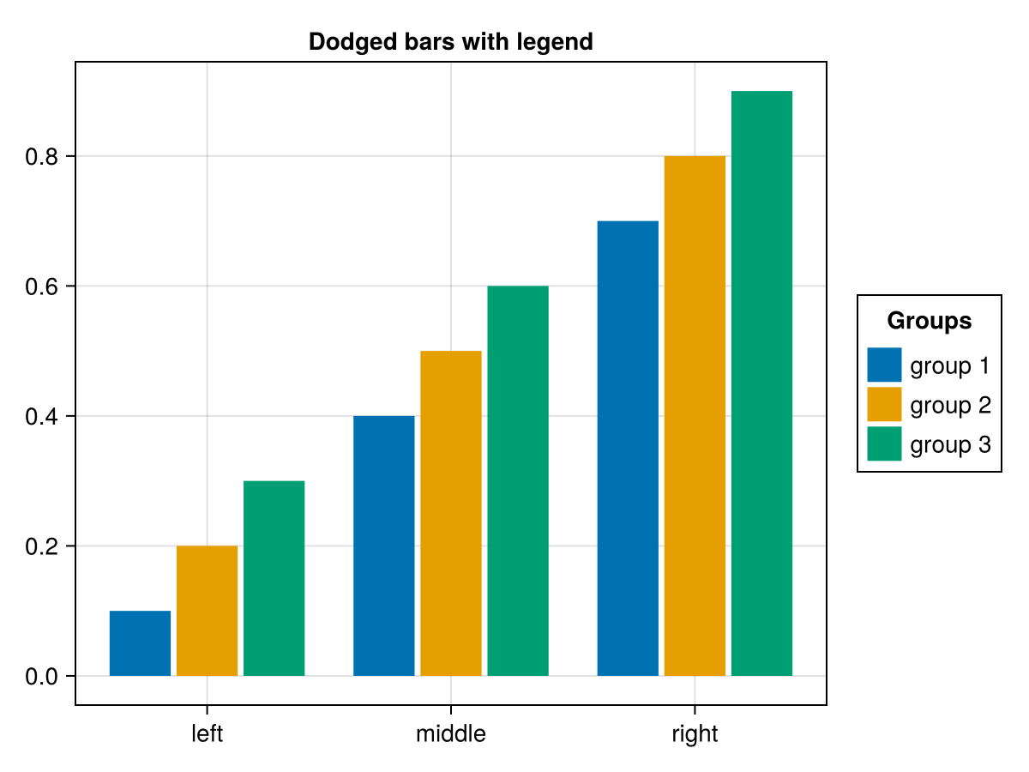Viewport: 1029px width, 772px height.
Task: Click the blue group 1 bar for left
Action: click(140, 643)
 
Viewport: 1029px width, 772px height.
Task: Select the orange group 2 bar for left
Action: click(207, 611)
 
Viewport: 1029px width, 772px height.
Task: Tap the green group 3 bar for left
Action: click(274, 578)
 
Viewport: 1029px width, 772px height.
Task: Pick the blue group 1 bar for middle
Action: click(383, 546)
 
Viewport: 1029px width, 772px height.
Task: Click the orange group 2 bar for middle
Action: click(450, 513)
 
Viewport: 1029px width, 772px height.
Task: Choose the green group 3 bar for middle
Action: click(517, 480)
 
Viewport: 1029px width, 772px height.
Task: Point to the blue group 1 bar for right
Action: click(628, 448)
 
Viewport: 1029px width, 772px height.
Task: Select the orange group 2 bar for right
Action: click(695, 416)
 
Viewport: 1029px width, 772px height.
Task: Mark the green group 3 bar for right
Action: click(761, 383)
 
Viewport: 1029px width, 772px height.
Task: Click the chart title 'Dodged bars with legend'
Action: click(451, 42)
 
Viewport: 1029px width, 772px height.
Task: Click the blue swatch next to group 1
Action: click(884, 365)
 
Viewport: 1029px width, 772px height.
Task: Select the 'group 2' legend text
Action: click(950, 405)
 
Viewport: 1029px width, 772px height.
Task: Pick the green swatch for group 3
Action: click(884, 443)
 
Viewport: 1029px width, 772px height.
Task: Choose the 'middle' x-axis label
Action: click(450, 734)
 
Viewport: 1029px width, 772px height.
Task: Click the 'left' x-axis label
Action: click(207, 734)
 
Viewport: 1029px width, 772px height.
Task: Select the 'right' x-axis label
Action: click(695, 734)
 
